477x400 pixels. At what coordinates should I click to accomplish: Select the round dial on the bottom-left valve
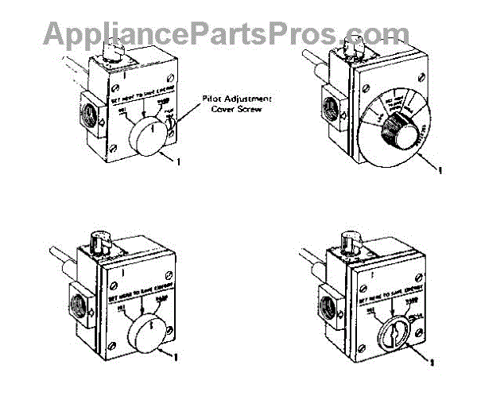coord(147,328)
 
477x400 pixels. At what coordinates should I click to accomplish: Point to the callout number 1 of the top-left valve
coord(180,162)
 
